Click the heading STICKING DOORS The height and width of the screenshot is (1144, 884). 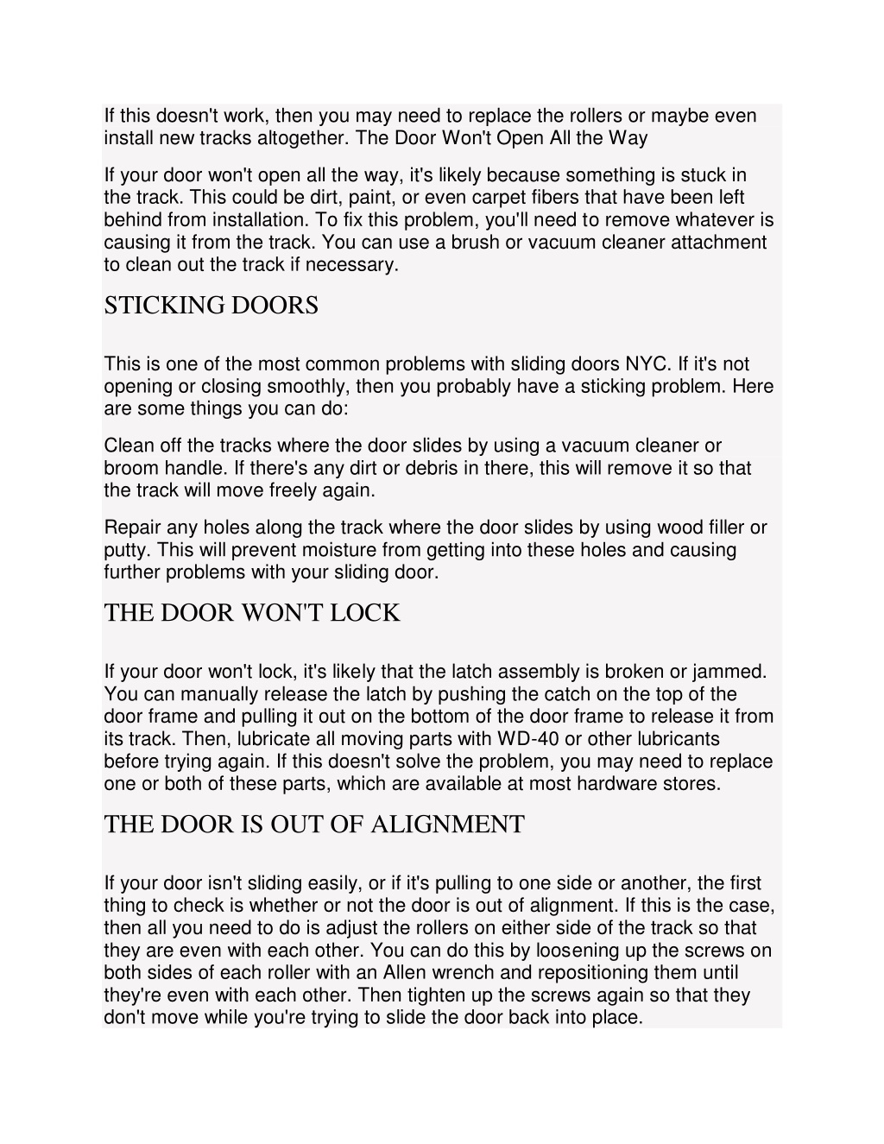point(211,306)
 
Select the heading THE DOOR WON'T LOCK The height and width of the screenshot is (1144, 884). point(251,613)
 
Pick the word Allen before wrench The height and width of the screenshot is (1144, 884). point(407,973)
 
